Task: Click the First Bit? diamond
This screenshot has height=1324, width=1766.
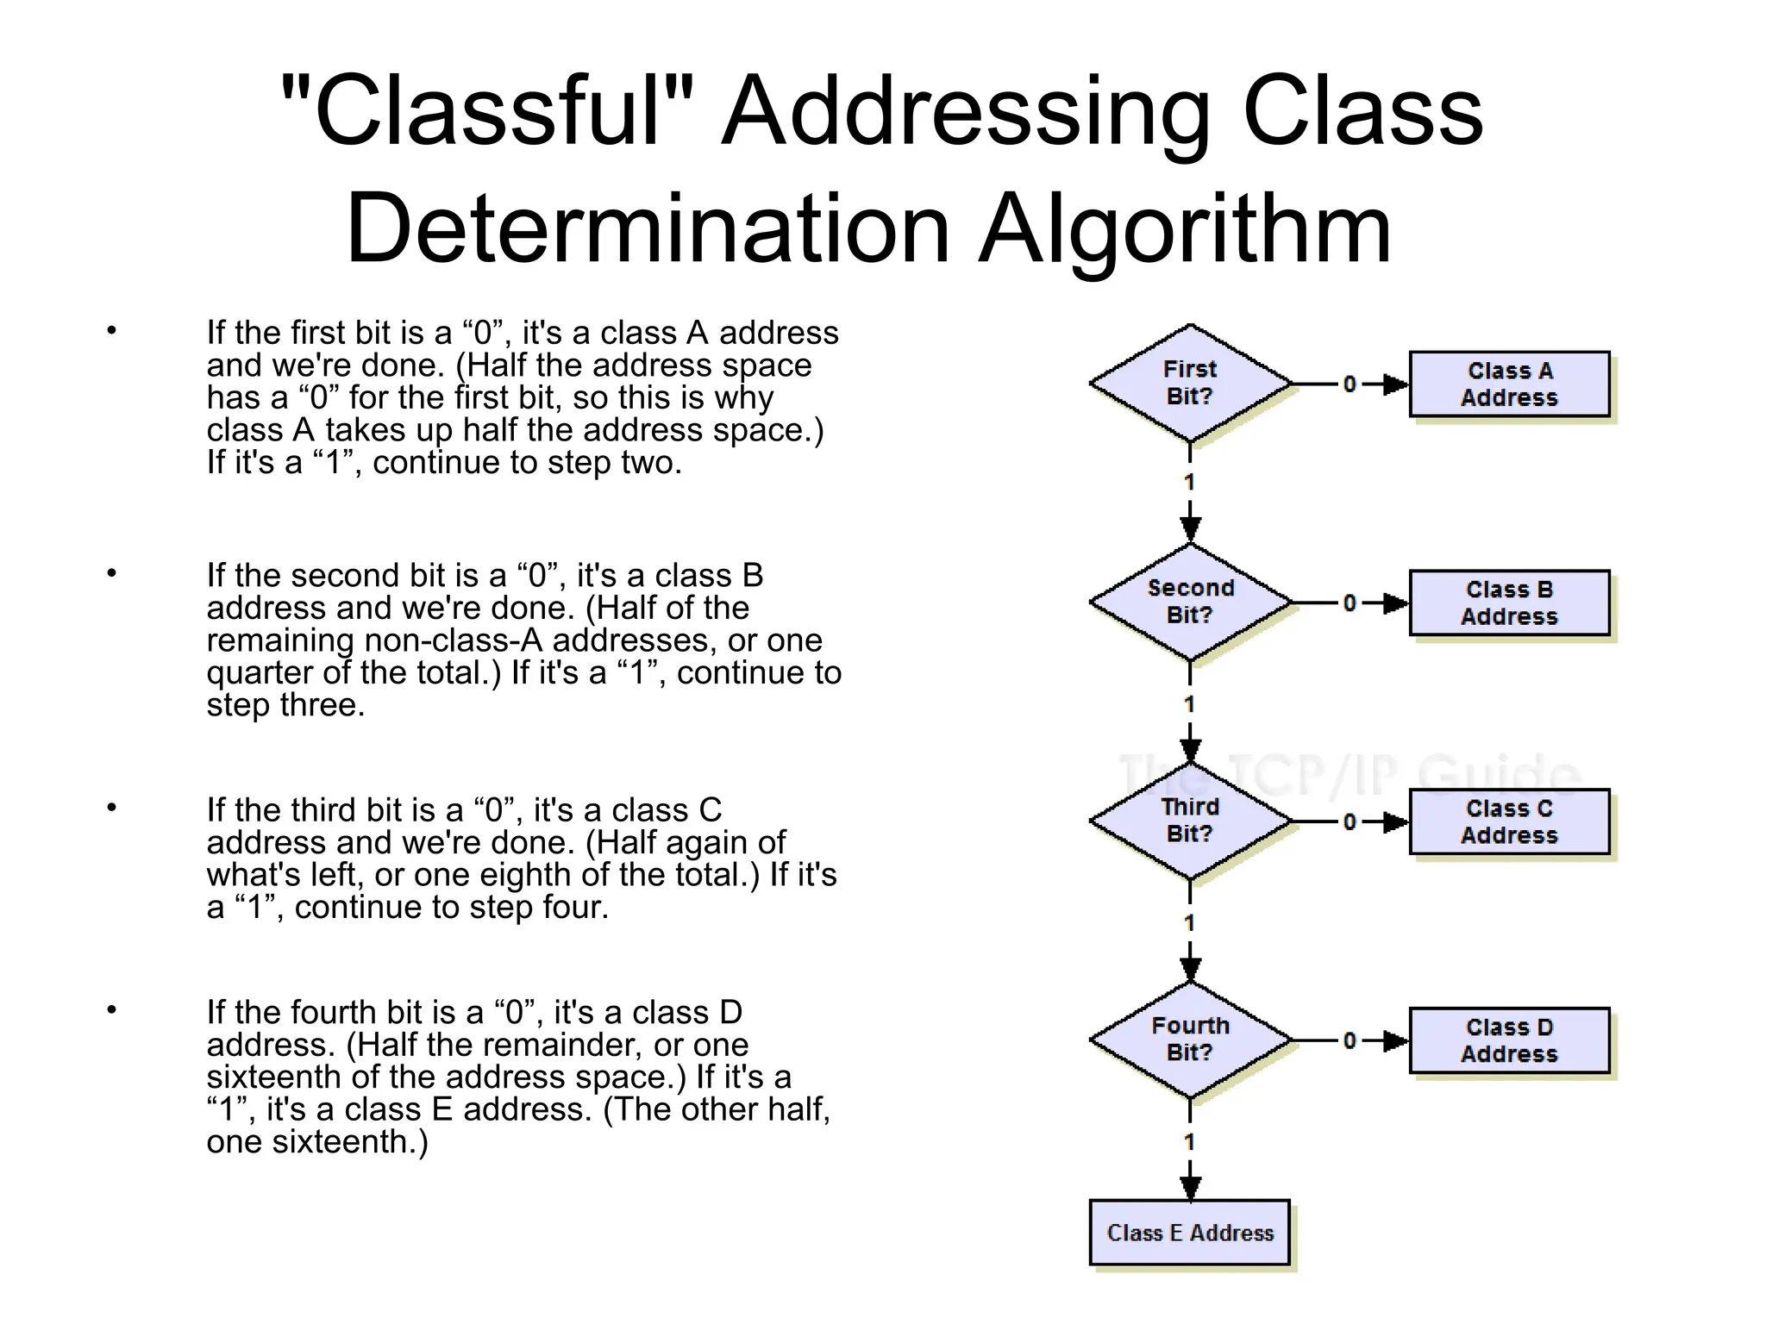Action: point(1190,384)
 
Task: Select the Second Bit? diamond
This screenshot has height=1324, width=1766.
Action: point(1190,603)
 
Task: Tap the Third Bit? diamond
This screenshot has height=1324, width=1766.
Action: point(1190,821)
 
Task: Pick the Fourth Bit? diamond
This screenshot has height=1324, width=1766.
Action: point(1190,1040)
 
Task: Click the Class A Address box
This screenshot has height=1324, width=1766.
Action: point(1509,384)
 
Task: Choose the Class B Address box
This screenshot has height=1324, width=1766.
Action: point(1509,603)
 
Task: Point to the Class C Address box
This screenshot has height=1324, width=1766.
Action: point(1509,822)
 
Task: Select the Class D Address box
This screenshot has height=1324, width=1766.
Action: point(1509,1041)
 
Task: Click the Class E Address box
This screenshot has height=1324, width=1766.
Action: point(1189,1233)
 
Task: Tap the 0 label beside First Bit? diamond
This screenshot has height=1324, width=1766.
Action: point(1350,384)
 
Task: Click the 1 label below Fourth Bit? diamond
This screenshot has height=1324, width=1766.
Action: point(1190,1143)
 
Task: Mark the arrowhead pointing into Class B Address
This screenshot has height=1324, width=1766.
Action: point(1396,603)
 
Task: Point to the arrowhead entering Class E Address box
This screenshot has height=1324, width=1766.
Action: point(1190,1189)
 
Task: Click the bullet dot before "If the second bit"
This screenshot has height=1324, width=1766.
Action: point(111,573)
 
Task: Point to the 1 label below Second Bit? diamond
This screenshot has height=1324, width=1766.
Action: point(1190,705)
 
